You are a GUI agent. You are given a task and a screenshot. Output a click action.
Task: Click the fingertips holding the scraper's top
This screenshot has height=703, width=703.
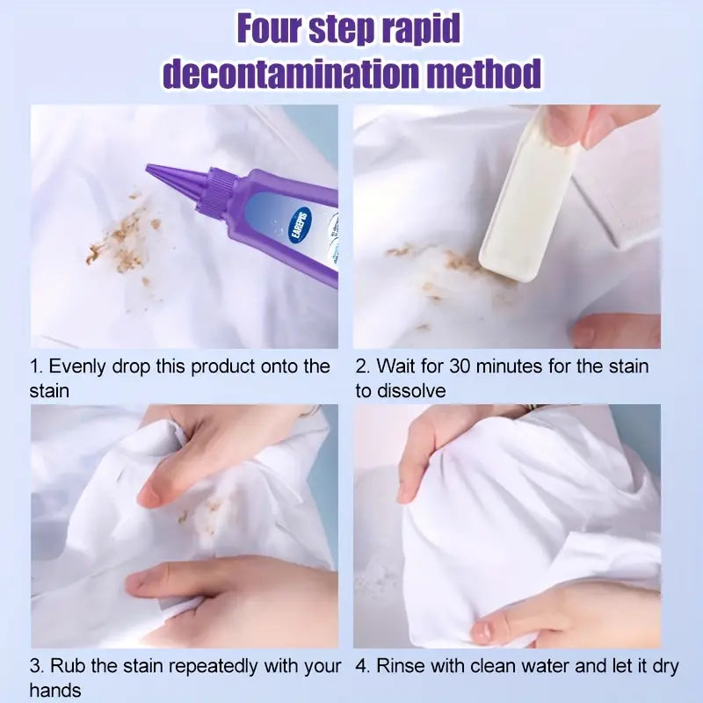(x=580, y=123)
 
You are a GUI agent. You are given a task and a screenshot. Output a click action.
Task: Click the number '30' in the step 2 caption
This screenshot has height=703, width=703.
(x=464, y=366)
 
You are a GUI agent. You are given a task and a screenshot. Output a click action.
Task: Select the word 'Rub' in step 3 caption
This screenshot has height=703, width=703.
(x=68, y=666)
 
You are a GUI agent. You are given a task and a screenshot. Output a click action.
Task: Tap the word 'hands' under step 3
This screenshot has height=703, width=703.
(x=54, y=691)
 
